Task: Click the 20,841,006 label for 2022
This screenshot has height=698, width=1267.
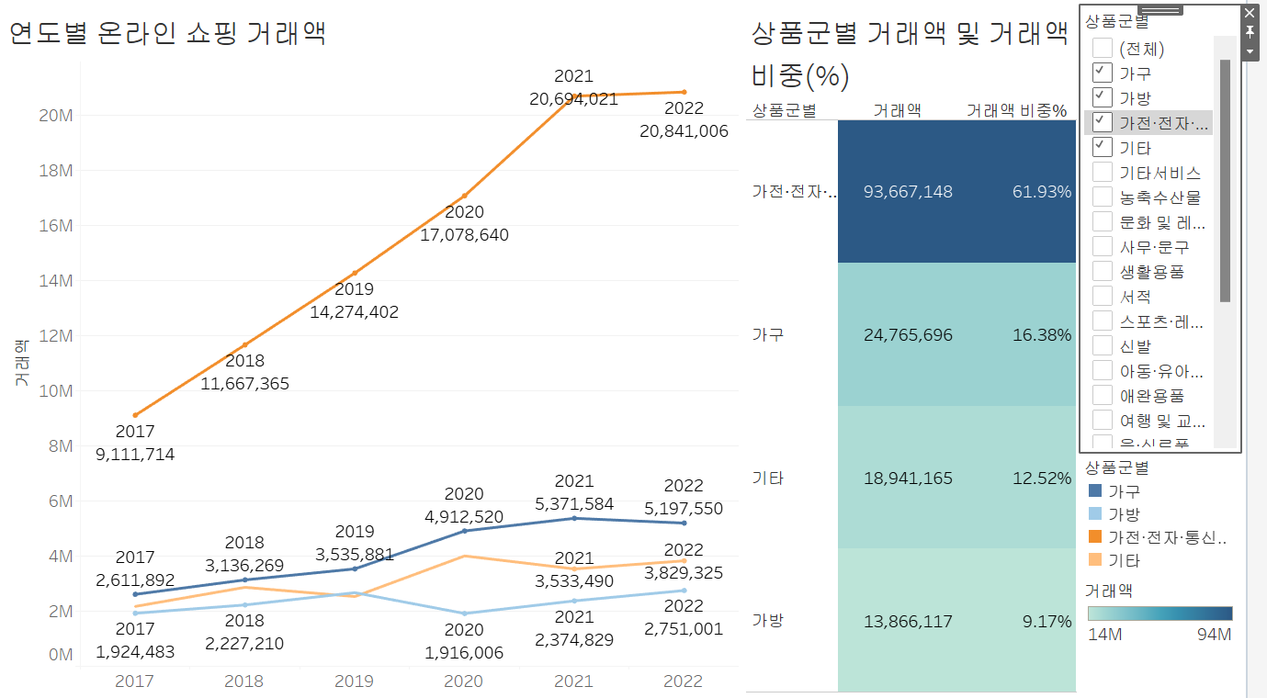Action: click(x=684, y=131)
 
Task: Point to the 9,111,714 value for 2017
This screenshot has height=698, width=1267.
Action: click(x=134, y=455)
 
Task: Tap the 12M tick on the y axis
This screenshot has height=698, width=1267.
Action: click(x=56, y=336)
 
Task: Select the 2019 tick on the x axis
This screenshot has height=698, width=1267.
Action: click(x=354, y=681)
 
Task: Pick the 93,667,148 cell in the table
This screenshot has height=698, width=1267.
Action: click(x=908, y=192)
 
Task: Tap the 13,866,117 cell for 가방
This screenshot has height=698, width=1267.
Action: click(x=908, y=622)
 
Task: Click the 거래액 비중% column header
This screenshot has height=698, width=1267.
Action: click(x=1016, y=111)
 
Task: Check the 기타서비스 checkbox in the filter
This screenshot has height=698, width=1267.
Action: click(x=1103, y=173)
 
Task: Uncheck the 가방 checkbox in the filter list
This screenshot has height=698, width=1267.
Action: click(x=1103, y=97)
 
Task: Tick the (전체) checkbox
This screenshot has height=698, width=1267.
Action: click(x=1103, y=48)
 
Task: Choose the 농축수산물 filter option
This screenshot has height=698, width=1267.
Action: click(x=1103, y=197)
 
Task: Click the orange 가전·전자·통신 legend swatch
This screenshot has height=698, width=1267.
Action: click(x=1094, y=537)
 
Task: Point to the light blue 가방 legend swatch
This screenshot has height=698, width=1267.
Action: click(x=1094, y=514)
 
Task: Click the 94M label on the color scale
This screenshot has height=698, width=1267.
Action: click(x=1215, y=635)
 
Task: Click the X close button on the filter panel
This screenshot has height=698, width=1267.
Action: click(x=1249, y=13)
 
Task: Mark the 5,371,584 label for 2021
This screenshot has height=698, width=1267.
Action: click(x=574, y=504)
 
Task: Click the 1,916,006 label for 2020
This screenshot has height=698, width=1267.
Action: click(x=463, y=652)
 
